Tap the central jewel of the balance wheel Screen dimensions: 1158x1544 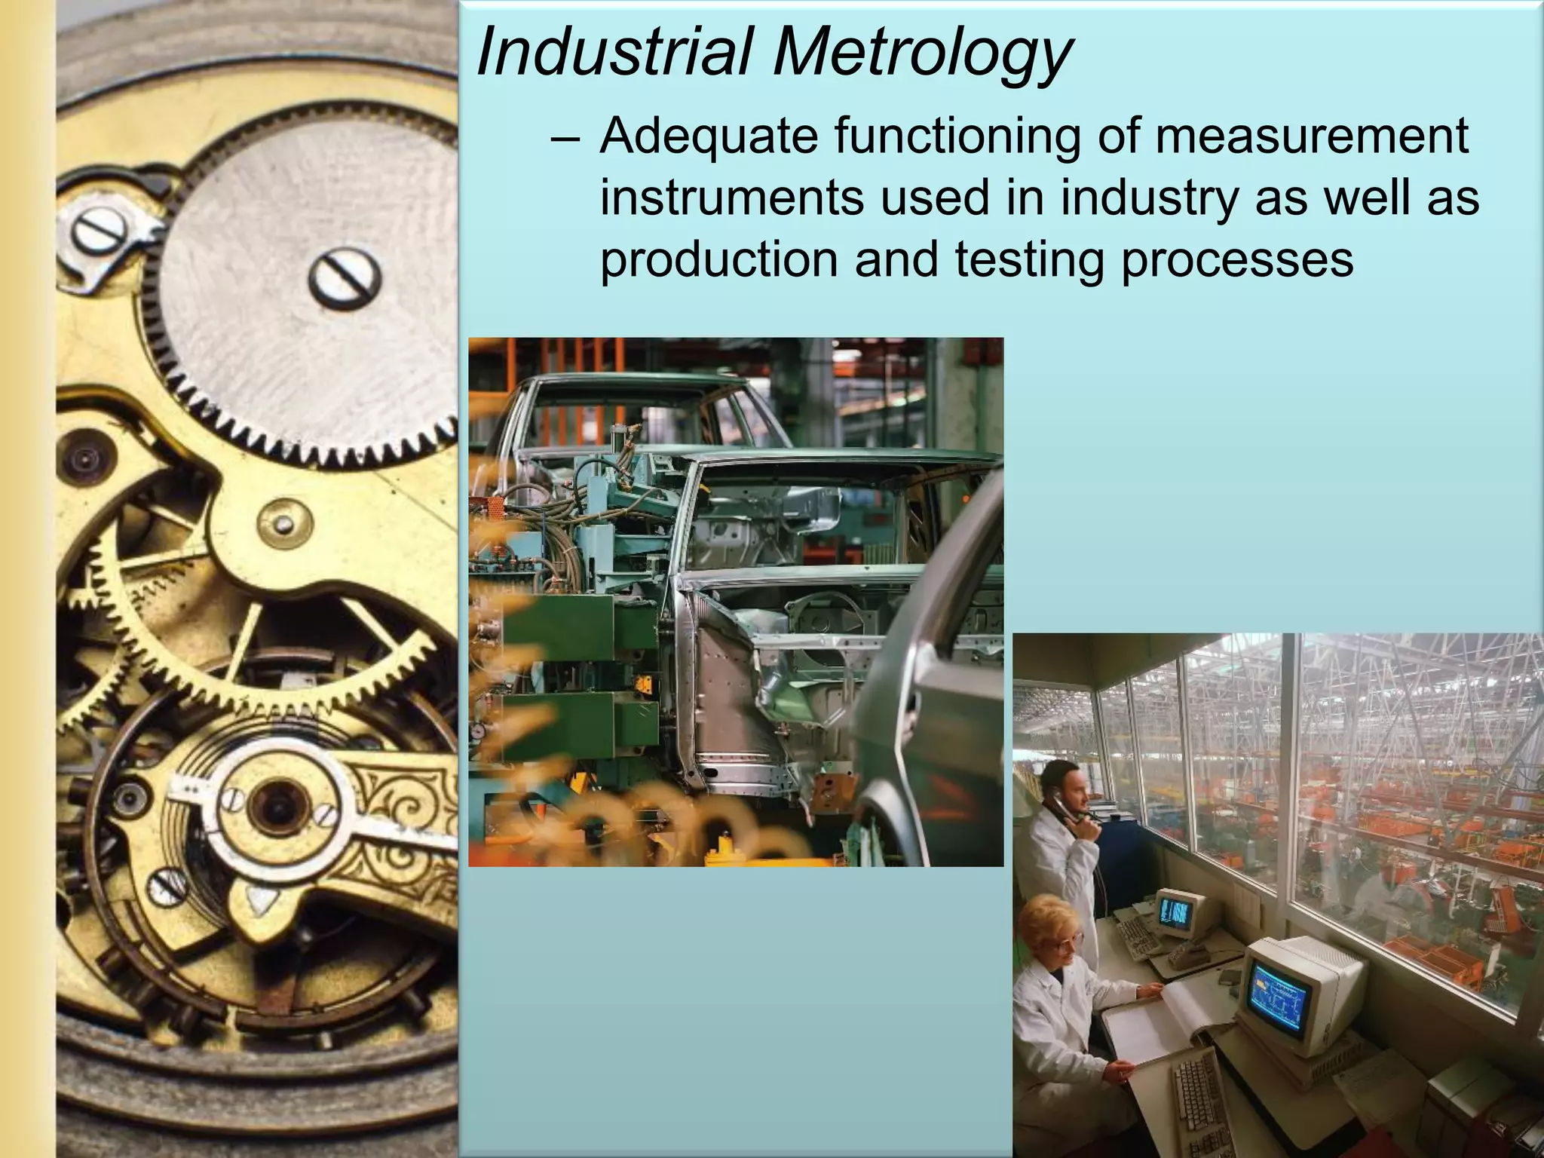coord(277,804)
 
